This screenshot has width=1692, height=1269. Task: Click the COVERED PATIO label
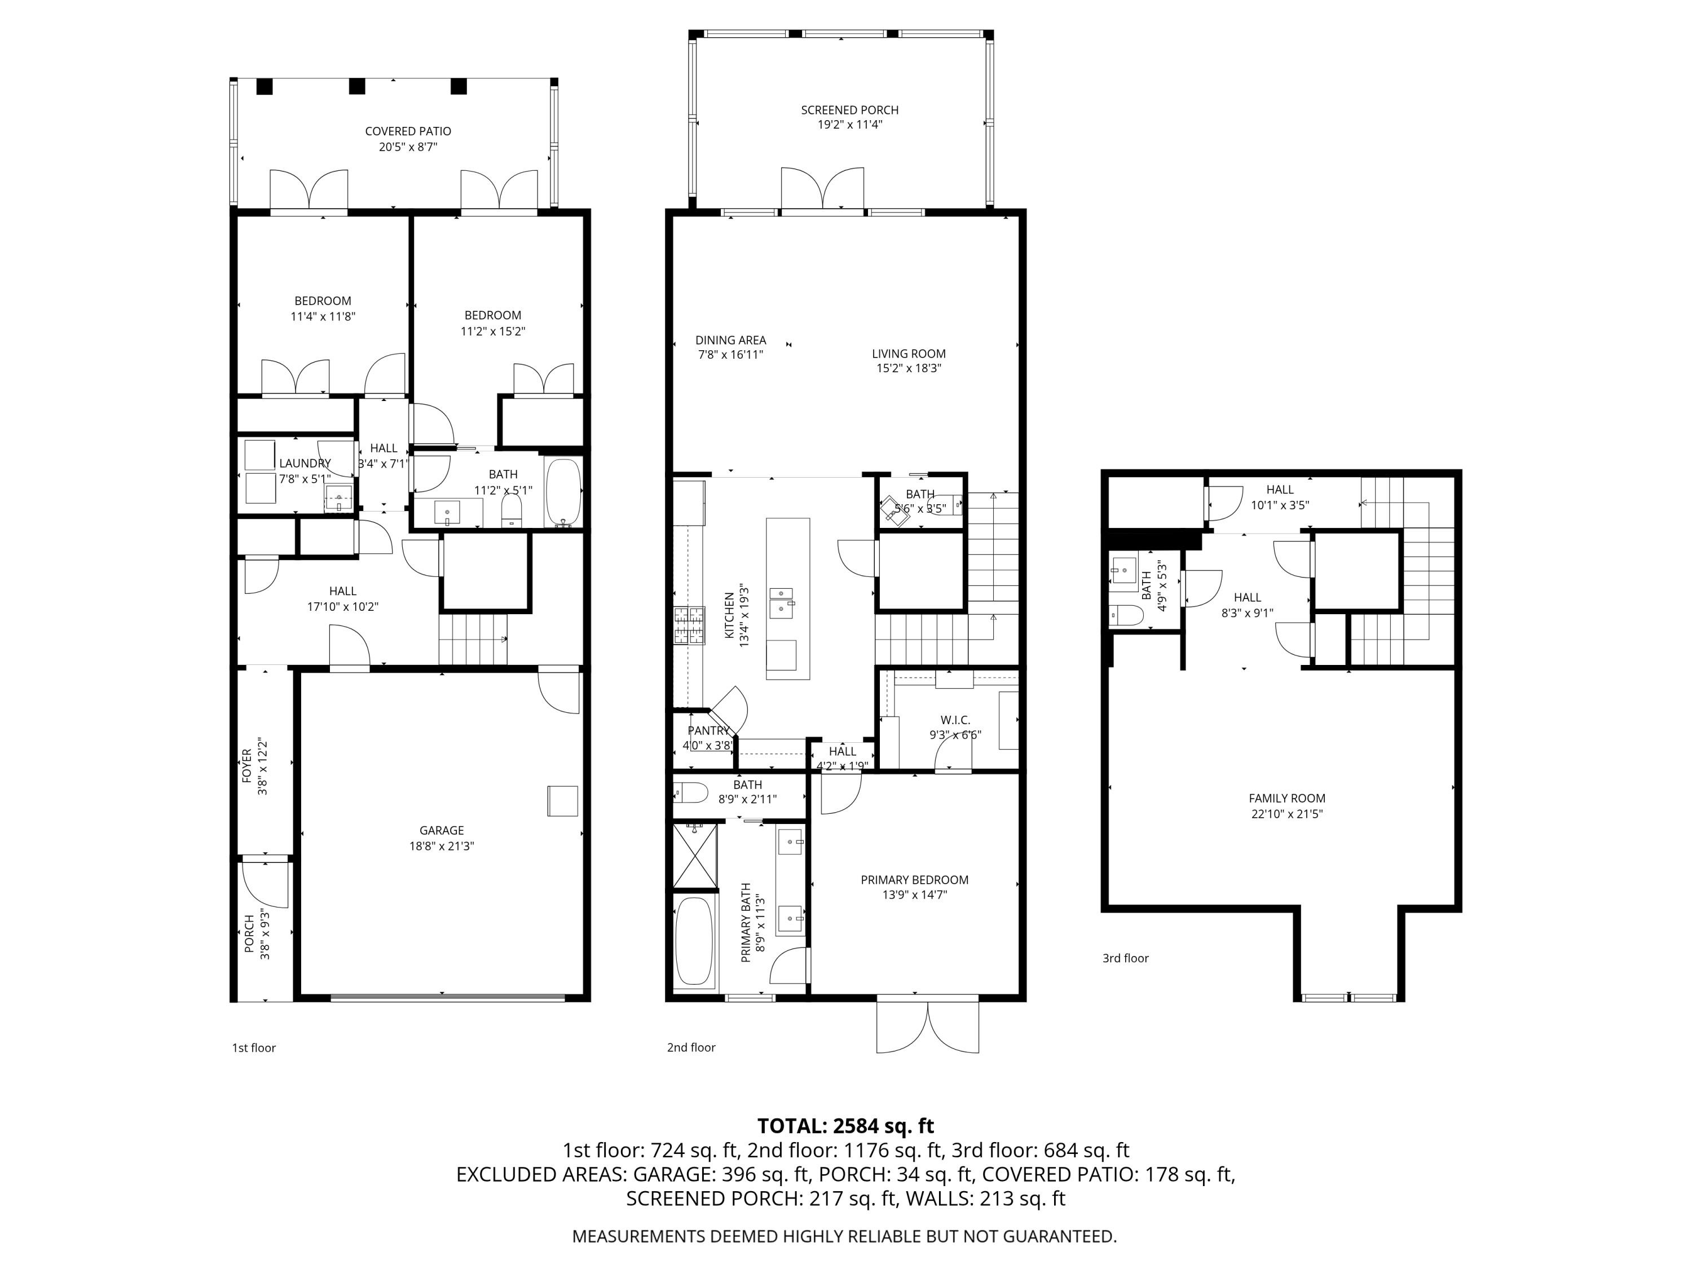[x=408, y=131]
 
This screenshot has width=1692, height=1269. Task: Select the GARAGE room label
[x=442, y=830]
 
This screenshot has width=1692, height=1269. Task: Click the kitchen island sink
[x=782, y=601]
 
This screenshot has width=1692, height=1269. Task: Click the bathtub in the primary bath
[x=694, y=941]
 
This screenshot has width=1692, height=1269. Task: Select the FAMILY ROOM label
[x=1286, y=798]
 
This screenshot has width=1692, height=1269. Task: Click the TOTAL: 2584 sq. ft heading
[x=845, y=1126]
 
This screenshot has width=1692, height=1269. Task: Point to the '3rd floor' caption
[x=1125, y=958]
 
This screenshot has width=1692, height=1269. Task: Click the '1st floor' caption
[x=254, y=1048]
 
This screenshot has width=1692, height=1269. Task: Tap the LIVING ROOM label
[x=909, y=354]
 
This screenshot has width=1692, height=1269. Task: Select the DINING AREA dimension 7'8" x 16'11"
[x=730, y=355]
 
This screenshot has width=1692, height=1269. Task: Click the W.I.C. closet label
[x=955, y=720]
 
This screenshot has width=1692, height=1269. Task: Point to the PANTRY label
[x=708, y=730]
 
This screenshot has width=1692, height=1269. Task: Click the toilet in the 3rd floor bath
[x=1125, y=614]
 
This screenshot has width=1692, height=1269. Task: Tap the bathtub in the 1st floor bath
[x=565, y=491]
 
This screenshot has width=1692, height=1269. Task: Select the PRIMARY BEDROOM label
[x=914, y=880]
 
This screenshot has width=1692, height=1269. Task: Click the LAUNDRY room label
[x=305, y=464]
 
